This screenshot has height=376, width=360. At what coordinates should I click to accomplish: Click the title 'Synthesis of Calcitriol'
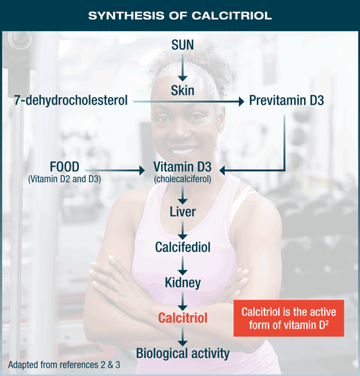tap(180, 16)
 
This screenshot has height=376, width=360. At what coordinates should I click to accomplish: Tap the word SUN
tap(183, 45)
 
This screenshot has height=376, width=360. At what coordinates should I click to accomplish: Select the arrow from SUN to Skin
tap(183, 68)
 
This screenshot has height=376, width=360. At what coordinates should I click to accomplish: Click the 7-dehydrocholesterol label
tap(71, 100)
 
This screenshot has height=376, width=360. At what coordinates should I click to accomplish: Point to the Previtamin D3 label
tap(287, 100)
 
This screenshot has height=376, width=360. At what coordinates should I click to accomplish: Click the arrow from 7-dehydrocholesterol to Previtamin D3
tap(188, 101)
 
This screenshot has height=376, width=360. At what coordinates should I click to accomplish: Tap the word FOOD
tap(64, 167)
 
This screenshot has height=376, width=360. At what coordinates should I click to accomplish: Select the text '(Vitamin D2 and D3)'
tap(64, 179)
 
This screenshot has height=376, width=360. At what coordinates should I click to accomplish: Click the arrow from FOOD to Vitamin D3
tap(115, 170)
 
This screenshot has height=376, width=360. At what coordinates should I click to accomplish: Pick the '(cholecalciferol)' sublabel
tap(183, 179)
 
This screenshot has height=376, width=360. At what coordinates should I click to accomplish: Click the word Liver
tap(183, 212)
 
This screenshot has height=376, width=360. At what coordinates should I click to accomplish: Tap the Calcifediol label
tap(183, 247)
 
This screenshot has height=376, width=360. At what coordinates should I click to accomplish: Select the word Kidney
tap(183, 283)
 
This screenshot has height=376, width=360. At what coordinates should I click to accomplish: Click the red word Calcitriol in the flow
tap(183, 318)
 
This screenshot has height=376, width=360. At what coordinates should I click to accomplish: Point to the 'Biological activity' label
tap(183, 354)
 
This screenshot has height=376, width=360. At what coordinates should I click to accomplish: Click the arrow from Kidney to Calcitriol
tap(183, 301)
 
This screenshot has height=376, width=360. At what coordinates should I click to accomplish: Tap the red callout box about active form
tap(289, 319)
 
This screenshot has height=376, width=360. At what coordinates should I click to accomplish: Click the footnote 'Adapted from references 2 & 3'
tap(64, 365)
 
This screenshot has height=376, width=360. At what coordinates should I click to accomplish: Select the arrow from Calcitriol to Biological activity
tap(183, 337)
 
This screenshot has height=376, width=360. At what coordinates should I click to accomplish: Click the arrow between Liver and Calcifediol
tap(183, 230)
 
